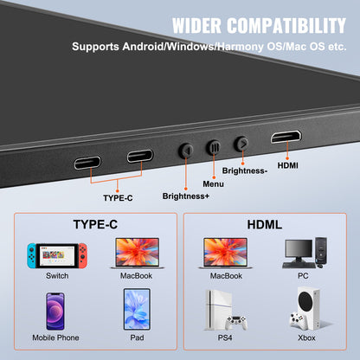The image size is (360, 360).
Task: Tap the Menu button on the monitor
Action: (x=214, y=147)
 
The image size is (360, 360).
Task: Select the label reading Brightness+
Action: (x=186, y=196)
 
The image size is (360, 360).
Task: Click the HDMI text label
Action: (x=288, y=166)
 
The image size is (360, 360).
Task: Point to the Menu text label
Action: (x=213, y=183)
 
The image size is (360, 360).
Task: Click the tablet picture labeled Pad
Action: (x=136, y=312)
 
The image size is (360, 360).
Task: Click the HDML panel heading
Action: (x=266, y=224)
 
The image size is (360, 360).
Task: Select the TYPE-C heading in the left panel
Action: (x=95, y=224)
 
